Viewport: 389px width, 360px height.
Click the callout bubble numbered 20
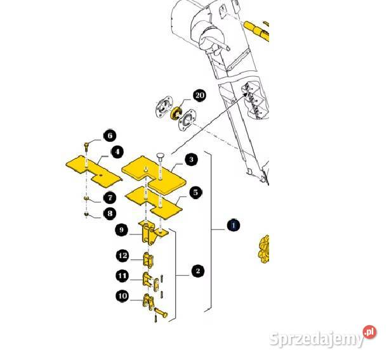[200, 95]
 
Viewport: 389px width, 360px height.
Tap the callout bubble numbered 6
[110, 136]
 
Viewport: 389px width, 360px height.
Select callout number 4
[117, 152]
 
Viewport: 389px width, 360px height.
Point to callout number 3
[191, 159]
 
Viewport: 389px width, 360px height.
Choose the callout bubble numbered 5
[195, 192]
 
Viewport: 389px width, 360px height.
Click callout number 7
[110, 198]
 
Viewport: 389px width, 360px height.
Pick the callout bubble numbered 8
[110, 214]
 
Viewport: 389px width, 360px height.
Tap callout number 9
[122, 230]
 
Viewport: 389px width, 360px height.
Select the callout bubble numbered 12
[122, 255]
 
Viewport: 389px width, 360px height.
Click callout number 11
[122, 276]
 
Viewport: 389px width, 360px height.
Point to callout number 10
[122, 296]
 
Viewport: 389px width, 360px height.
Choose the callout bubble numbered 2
[198, 271]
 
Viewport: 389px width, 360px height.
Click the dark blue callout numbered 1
[234, 225]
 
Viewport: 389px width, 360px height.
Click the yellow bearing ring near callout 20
[176, 113]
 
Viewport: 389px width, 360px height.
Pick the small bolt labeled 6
[86, 146]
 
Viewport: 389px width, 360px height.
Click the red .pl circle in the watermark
[369, 333]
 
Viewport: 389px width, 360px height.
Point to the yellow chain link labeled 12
[148, 260]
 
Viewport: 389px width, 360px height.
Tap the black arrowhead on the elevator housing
[246, 94]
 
